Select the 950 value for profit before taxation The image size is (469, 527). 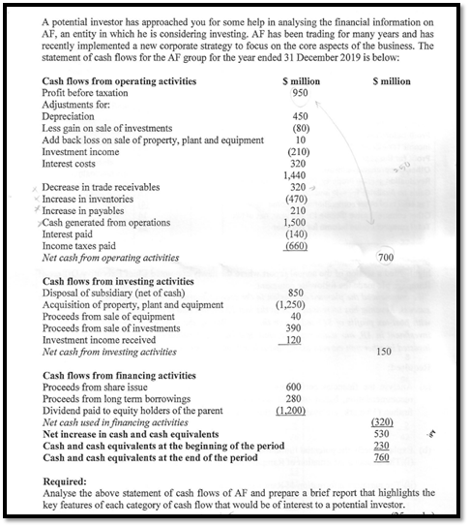coord(299,92)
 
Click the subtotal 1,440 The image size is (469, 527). coord(298,175)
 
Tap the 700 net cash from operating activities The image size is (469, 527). coord(385,258)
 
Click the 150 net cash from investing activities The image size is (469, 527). coord(385,351)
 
